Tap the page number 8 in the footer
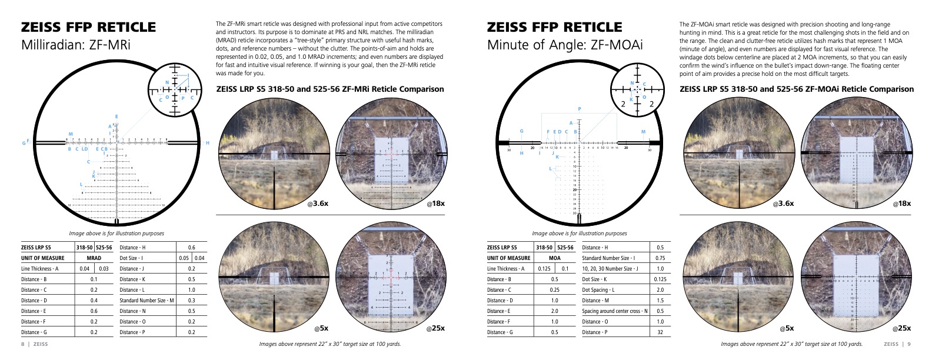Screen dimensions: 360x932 [22, 344]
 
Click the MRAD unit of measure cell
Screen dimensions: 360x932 [94, 258]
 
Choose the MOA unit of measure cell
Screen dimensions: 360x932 [554, 258]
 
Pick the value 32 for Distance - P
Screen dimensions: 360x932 [660, 332]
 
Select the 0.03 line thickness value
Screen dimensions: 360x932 [104, 269]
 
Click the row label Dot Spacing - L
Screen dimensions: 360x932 [598, 290]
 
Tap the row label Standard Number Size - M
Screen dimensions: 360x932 [147, 301]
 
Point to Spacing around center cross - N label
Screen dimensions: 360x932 [614, 311]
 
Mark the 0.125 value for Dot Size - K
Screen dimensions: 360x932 [660, 279]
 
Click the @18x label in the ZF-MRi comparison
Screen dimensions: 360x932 [435, 204]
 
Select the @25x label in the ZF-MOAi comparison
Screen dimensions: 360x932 [901, 328]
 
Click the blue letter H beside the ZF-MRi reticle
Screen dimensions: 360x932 [207, 143]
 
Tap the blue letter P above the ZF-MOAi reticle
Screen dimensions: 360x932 [580, 109]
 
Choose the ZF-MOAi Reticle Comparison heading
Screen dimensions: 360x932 [797, 89]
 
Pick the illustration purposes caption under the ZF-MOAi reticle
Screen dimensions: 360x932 [579, 234]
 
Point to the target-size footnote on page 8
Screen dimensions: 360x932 [330, 344]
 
